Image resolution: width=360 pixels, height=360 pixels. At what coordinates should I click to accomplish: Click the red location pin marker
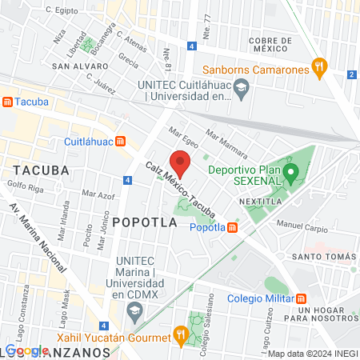(181, 162)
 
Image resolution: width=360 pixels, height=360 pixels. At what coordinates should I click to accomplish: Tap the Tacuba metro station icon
(8, 102)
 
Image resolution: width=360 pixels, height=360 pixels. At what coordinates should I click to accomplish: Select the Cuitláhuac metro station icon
(121, 142)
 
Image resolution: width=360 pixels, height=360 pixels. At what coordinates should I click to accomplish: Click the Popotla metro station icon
(232, 227)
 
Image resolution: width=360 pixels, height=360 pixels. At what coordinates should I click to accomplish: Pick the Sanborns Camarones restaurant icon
(319, 69)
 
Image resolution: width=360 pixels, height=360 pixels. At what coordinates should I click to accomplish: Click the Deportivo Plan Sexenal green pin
(292, 171)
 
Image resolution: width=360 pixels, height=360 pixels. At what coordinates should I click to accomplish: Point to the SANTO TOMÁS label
(324, 256)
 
